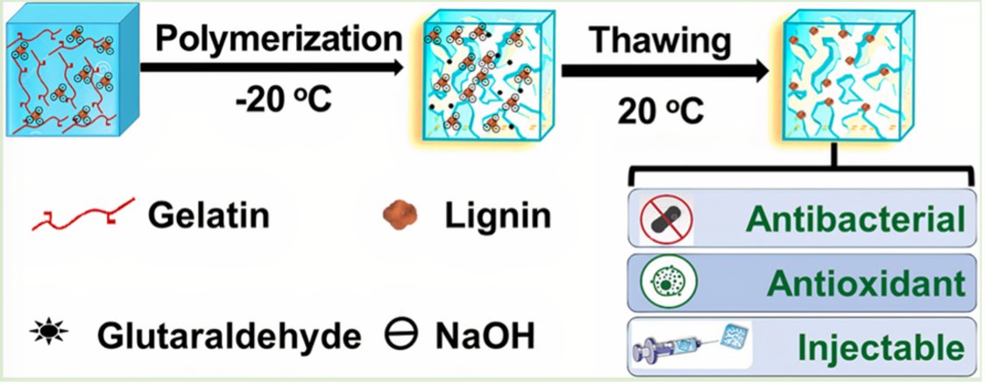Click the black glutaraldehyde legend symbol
41,334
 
